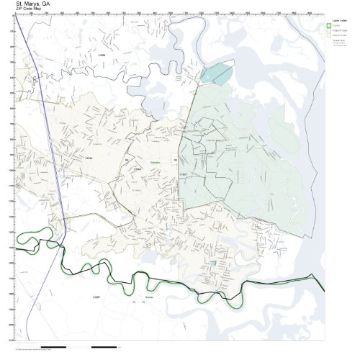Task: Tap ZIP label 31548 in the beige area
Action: click(89, 157)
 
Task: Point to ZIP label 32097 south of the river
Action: click(98, 296)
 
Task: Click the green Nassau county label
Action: click(149, 297)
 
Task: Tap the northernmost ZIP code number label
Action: click(102, 54)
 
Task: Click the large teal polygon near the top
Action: click(218, 73)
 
